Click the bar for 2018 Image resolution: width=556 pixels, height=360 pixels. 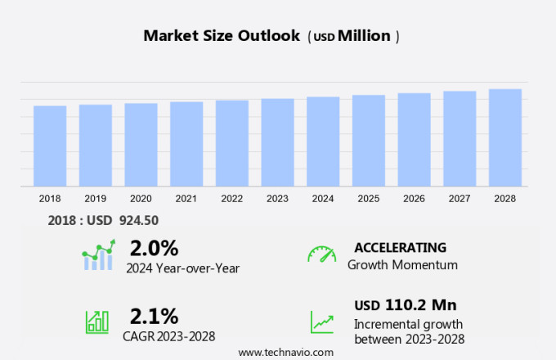50,146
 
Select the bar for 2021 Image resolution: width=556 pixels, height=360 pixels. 186,144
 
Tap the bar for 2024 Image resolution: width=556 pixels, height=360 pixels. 323,142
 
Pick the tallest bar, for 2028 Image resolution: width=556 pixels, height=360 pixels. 505,137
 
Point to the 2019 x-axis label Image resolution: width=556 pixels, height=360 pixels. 95,198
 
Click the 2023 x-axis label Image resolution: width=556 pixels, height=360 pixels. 277,198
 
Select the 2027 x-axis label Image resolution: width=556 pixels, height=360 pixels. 460,198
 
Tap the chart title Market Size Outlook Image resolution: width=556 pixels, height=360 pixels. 222,36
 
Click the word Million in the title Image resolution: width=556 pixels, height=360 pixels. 364,36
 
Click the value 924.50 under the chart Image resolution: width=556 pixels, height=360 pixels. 140,220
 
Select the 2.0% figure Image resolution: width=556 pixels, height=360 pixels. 154,248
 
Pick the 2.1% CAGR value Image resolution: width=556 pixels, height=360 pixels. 154,317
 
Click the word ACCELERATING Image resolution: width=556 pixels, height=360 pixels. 401,247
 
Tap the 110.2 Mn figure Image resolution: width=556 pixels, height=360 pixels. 420,305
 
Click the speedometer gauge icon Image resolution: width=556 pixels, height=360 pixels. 321,254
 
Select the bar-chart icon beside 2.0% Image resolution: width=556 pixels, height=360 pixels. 98,255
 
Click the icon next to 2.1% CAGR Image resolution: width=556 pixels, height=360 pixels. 96,321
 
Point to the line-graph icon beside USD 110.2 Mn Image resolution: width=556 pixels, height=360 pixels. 321,321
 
